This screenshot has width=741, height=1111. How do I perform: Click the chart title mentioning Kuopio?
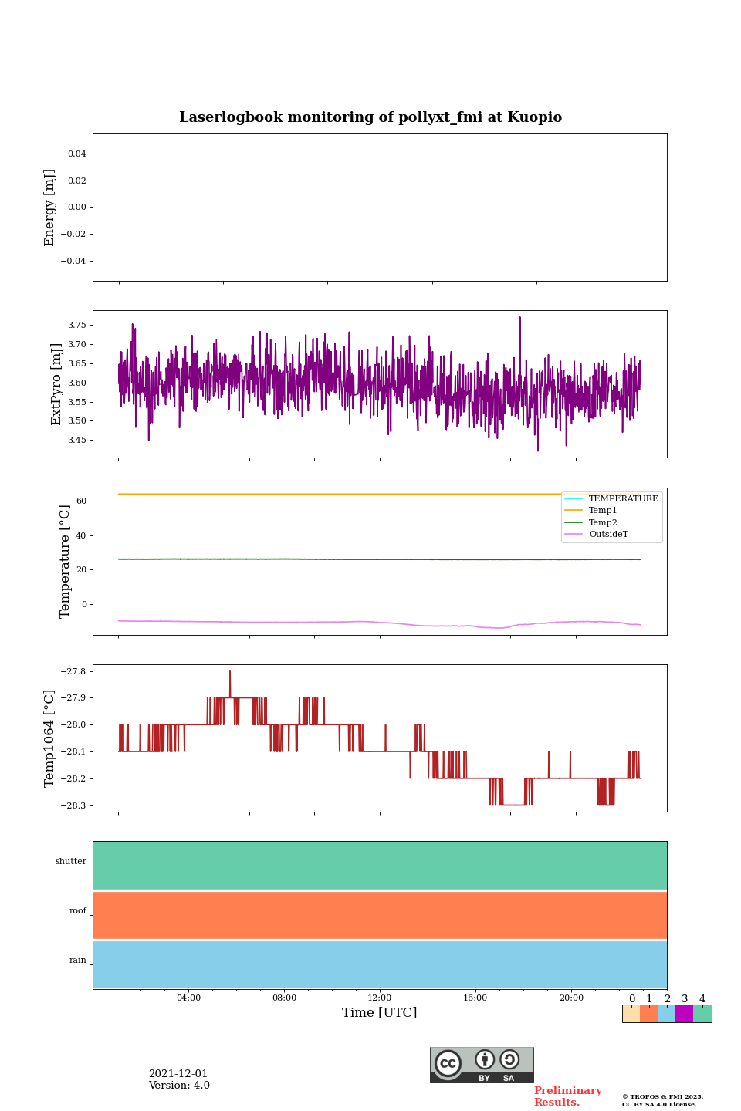click(370, 117)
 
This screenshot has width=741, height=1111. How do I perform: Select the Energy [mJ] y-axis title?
click(50, 208)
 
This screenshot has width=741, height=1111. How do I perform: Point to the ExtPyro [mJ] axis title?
click(56, 384)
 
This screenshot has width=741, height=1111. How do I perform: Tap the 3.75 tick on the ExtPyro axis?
click(76, 326)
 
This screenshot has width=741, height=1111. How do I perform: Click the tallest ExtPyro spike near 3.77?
click(519, 318)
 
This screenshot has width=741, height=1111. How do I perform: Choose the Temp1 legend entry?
click(603, 511)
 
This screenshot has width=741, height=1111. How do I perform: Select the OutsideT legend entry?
click(608, 535)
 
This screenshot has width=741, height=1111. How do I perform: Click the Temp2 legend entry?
click(603, 523)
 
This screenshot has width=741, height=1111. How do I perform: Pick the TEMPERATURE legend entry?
click(623, 499)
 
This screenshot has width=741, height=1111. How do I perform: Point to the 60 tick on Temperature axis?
click(81, 501)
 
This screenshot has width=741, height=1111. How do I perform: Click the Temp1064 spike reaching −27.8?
click(230, 672)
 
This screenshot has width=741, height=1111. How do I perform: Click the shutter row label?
click(71, 862)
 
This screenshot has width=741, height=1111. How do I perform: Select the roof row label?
click(78, 911)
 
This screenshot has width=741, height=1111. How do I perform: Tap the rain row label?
click(78, 961)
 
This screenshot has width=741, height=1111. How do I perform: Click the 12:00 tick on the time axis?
click(380, 998)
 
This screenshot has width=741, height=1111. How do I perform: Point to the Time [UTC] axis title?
click(380, 1013)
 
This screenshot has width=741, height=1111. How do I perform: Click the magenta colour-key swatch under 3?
click(684, 1014)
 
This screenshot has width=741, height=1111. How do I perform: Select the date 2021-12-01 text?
click(178, 1074)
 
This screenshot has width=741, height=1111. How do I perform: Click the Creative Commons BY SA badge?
click(482, 1065)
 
